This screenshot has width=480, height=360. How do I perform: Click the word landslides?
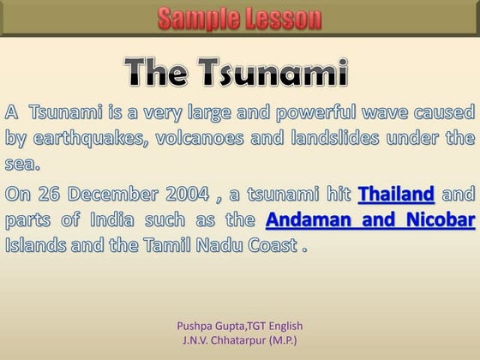pyautogui.click(x=347, y=138)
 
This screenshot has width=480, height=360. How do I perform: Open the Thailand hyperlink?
pyautogui.click(x=395, y=193)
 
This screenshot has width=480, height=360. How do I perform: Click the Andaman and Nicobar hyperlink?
pyautogui.click(x=370, y=219)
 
